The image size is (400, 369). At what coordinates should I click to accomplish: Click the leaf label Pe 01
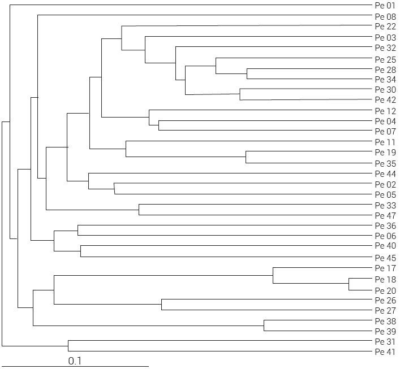click(385, 6)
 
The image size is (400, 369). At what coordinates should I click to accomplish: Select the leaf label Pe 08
click(385, 17)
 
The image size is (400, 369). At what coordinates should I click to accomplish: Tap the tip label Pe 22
click(385, 27)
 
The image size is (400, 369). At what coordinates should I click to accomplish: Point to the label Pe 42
click(385, 100)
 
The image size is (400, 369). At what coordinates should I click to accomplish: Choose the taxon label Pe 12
click(385, 111)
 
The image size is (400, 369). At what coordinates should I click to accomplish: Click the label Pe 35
click(385, 163)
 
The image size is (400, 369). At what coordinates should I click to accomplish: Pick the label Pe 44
click(385, 173)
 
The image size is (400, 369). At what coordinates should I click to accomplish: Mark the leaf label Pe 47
click(385, 215)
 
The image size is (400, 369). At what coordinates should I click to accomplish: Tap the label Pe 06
click(385, 236)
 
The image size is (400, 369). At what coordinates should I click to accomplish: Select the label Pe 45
click(385, 258)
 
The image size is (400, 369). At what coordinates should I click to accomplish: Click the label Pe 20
click(385, 290)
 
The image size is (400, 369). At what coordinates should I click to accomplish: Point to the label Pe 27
click(385, 310)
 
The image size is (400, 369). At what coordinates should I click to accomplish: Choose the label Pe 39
click(385, 331)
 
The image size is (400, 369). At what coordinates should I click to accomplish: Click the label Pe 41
click(385, 352)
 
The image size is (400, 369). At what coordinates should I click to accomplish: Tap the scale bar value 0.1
click(75, 361)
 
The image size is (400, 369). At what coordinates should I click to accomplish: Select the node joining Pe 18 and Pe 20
click(349, 284)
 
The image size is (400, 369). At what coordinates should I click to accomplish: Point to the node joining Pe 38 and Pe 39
click(264, 325)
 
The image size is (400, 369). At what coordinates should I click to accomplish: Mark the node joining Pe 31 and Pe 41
click(68, 346)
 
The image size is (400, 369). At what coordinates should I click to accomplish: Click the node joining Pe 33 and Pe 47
click(139, 210)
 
